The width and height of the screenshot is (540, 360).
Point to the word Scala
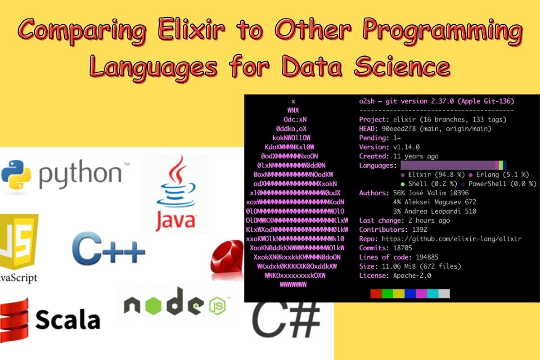[67, 319]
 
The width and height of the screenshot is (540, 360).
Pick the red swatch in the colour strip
[376, 294]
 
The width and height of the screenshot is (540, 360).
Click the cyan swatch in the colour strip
[432, 294]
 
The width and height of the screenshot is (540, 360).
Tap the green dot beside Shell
[403, 184]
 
